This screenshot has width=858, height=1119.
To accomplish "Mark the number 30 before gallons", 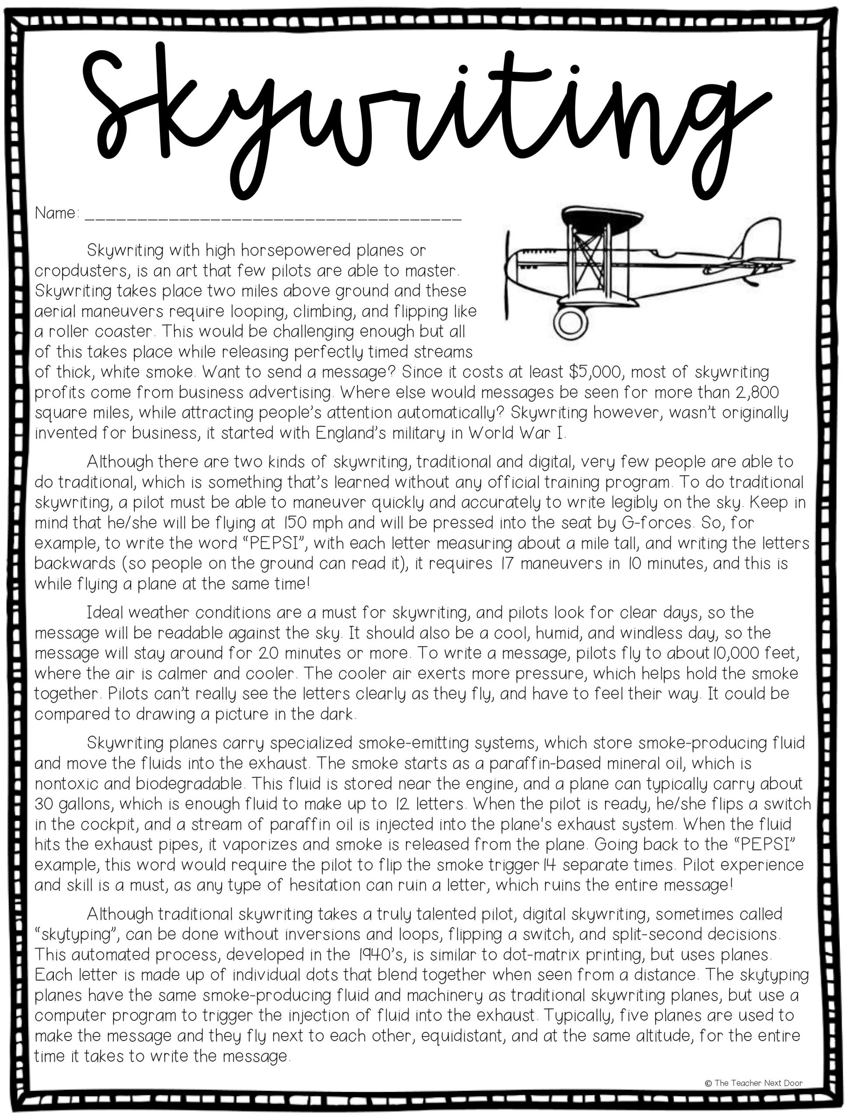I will pos(45,804).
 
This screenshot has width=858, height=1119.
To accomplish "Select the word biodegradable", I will pos(188,784).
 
